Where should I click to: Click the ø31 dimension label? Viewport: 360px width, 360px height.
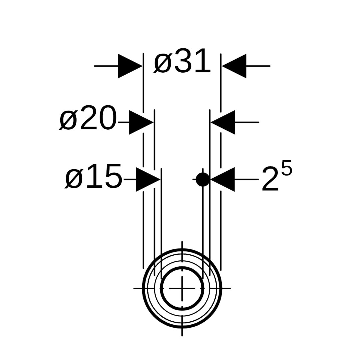(182, 61)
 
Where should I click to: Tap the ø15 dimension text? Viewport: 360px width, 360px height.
(93, 176)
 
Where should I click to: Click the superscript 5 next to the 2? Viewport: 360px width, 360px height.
(287, 168)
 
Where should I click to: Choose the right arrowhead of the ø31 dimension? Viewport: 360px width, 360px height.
(234, 66)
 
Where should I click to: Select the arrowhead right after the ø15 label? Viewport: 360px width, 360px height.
(148, 179)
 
